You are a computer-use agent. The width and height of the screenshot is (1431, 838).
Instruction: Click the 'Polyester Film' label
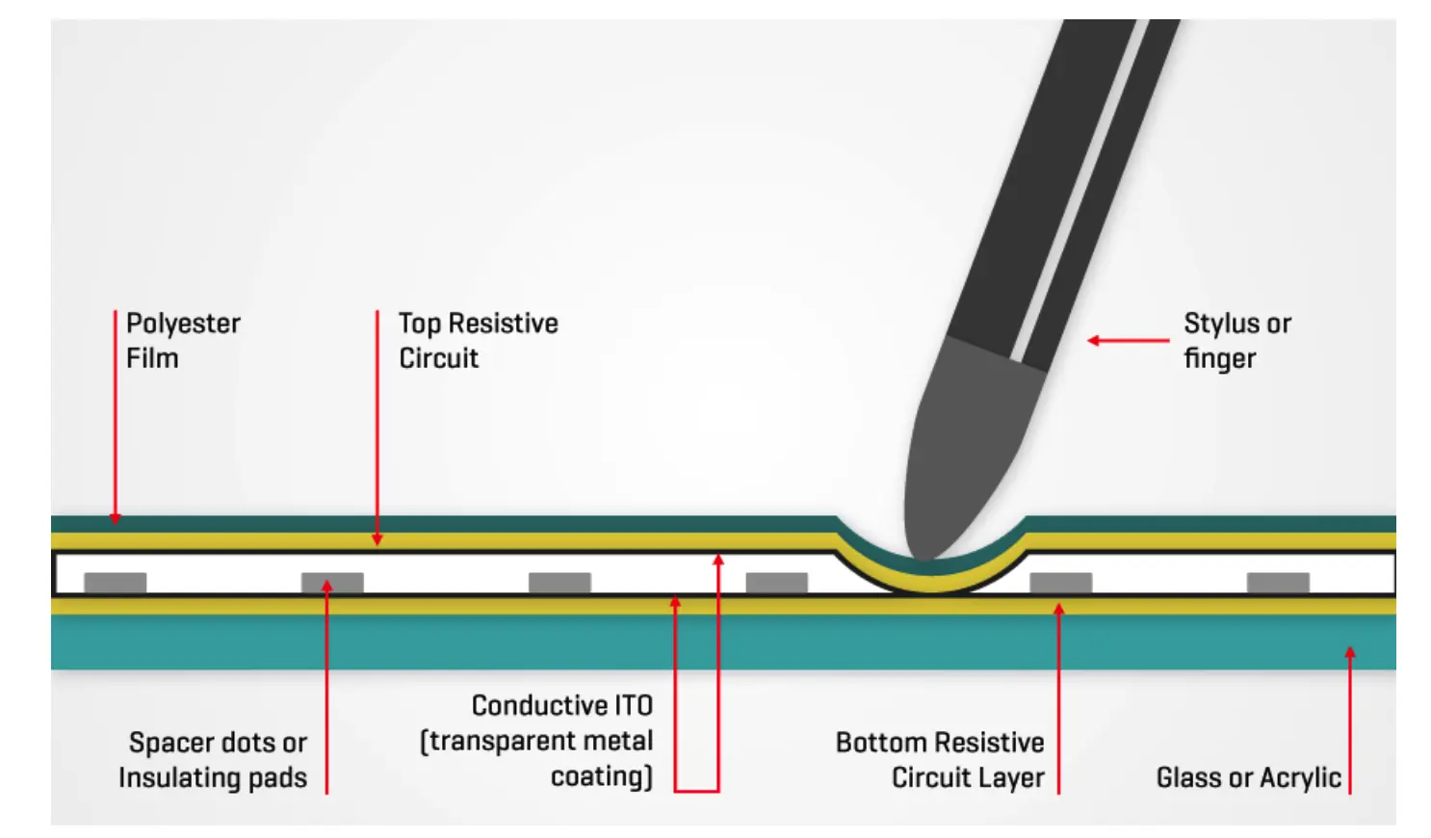click(x=183, y=341)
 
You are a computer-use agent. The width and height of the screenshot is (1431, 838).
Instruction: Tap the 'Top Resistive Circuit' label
click(x=478, y=341)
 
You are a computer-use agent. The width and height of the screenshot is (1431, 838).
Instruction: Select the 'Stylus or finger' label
click(x=1236, y=341)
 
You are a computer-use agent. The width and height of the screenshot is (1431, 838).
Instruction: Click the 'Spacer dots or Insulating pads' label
click(x=213, y=760)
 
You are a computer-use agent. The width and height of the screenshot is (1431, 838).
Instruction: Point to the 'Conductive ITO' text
click(x=561, y=706)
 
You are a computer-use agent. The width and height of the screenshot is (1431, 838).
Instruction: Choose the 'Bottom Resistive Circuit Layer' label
click(x=940, y=760)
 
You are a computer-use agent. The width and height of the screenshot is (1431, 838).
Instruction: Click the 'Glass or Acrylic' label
click(x=1248, y=777)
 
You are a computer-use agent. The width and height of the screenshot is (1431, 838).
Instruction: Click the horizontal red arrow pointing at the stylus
click(x=1127, y=340)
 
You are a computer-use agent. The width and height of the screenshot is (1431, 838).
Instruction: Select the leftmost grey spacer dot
click(x=116, y=582)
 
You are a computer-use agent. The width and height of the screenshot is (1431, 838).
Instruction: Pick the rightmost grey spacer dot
click(x=1278, y=582)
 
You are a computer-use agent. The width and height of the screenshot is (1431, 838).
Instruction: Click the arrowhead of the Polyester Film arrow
click(x=116, y=518)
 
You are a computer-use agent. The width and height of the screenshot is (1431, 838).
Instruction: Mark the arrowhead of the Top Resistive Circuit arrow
click(x=377, y=540)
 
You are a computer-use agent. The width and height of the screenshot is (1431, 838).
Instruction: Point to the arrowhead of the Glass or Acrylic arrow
click(x=1350, y=653)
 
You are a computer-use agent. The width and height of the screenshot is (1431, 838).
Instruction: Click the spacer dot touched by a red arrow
click(x=332, y=583)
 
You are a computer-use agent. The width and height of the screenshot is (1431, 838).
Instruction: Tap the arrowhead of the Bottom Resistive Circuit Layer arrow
click(x=1058, y=609)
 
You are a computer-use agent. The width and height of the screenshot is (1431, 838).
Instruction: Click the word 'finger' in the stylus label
click(x=1219, y=359)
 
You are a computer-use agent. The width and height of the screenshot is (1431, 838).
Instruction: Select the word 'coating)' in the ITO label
click(x=601, y=776)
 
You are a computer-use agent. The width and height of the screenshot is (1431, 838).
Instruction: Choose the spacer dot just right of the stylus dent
click(x=1060, y=582)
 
